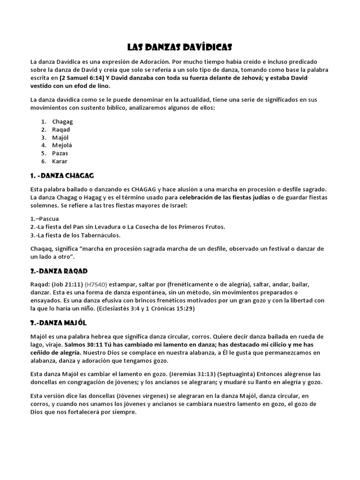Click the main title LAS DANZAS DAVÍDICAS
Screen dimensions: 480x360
pos(180,47)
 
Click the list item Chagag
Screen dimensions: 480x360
pos(62,121)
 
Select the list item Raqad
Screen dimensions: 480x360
pos(61,129)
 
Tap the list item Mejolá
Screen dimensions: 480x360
pos(62,145)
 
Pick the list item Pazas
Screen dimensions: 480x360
pos(60,153)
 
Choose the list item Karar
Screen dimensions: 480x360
pos(60,161)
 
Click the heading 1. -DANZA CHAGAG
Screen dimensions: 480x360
pos(62,175)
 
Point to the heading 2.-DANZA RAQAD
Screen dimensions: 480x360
pos(59,271)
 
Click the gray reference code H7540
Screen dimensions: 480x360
pos(96,285)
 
